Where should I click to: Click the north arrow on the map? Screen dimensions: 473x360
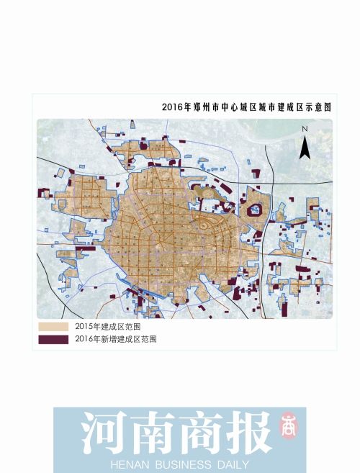305,147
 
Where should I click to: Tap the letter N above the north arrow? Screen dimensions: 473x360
305,129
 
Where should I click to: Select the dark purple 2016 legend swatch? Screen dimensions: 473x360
54,338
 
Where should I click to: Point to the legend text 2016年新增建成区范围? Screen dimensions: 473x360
115,338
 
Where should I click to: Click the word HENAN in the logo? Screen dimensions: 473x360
129,464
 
